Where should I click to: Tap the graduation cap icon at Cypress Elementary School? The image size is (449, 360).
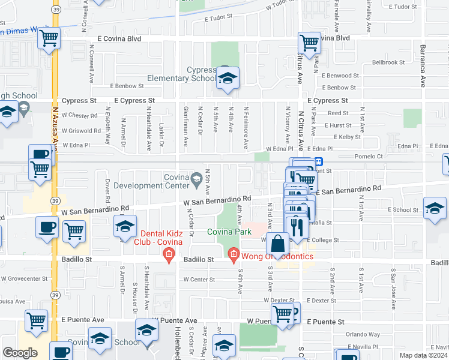click(228, 79)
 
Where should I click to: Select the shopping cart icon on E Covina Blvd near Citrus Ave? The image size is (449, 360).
click(309, 43)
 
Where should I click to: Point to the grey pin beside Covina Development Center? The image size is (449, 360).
click(196, 178)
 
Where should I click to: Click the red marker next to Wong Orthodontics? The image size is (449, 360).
click(234, 256)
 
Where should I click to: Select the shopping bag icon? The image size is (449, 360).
click(278, 245)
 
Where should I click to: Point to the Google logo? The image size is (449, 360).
click(20, 353)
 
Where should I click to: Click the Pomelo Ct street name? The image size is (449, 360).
click(408, 155)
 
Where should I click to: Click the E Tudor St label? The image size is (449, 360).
click(218, 18)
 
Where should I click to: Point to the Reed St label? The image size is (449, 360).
click(338, 113)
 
